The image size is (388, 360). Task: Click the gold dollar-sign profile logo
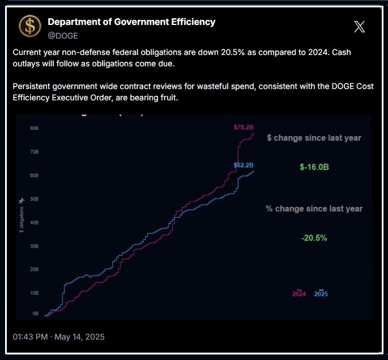(x=29, y=27)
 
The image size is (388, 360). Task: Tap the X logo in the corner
(x=359, y=26)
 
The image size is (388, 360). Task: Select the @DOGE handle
(x=62, y=35)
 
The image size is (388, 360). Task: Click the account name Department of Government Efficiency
(x=131, y=22)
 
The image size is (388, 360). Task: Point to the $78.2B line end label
(x=244, y=128)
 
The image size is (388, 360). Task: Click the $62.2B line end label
(x=244, y=165)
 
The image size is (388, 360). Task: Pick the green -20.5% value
(x=314, y=238)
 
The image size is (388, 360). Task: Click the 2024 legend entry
(x=299, y=294)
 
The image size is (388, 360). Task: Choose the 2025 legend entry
(x=321, y=294)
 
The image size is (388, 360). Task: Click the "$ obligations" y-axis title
(x=21, y=218)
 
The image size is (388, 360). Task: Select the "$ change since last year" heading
(x=314, y=138)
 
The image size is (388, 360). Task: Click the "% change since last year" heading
(x=314, y=209)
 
